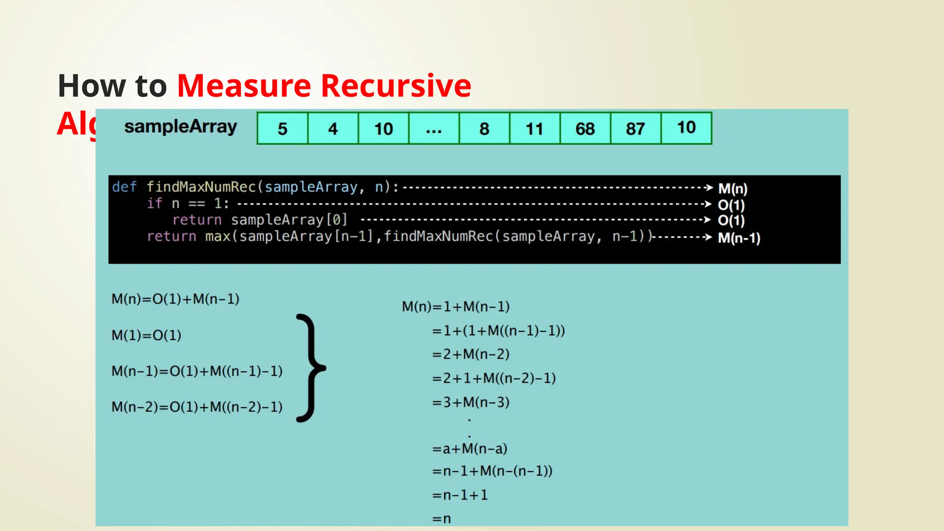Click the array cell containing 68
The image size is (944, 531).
(585, 129)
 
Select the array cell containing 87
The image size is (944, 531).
(635, 129)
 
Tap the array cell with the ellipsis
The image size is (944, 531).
(434, 129)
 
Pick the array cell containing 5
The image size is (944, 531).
(283, 129)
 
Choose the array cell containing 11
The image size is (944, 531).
(535, 129)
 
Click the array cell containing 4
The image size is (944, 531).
(333, 129)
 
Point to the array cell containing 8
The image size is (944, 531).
(484, 129)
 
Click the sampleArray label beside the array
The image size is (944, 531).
(181, 127)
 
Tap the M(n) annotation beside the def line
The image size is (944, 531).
(733, 189)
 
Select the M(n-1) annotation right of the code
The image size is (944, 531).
(739, 238)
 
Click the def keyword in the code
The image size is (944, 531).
(124, 187)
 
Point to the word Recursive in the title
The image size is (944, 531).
(396, 86)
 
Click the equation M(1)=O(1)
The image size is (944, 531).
(147, 335)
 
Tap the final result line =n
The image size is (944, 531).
(442, 519)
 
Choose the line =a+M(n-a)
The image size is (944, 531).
(470, 448)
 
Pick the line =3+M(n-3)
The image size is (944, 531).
(471, 402)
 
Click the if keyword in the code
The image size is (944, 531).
(154, 203)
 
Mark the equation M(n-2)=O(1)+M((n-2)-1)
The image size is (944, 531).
(197, 407)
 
